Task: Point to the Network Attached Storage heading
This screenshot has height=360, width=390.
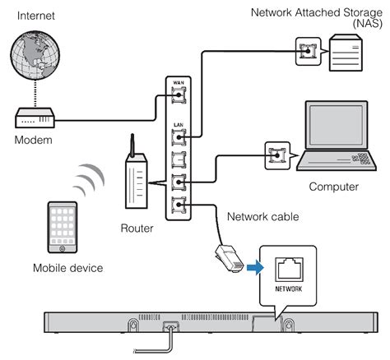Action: point(317,13)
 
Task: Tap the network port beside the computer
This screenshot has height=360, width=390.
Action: point(274,153)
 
